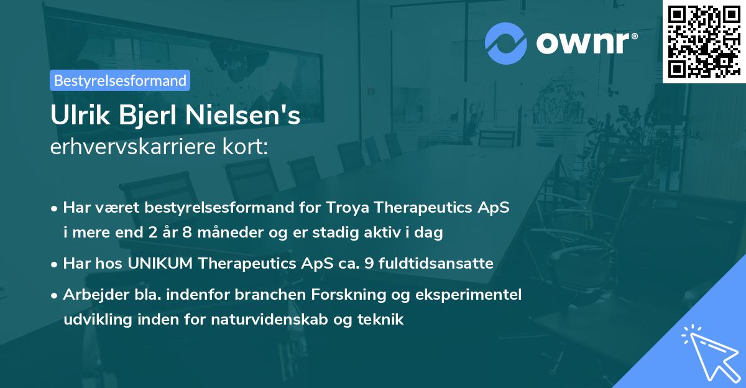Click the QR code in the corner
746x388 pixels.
click(x=704, y=41)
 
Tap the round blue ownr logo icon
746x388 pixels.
click(x=505, y=44)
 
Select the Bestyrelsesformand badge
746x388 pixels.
click(x=120, y=80)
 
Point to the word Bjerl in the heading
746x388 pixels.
click(x=145, y=116)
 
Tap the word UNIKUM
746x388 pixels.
click(x=161, y=264)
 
